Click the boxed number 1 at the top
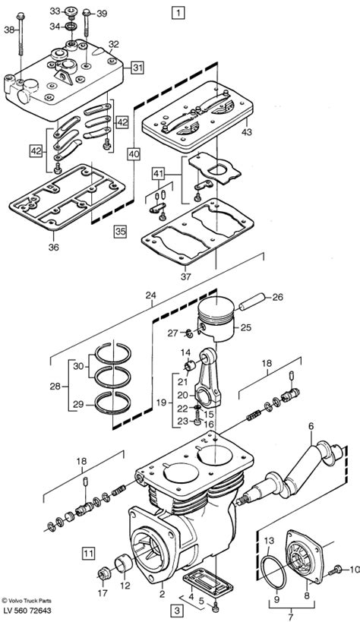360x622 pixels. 178,13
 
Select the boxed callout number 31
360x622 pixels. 137,68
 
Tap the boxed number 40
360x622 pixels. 134,154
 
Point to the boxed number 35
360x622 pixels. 120,231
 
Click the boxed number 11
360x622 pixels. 89,553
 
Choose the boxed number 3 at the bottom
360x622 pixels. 178,610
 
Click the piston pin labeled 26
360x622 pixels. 251,302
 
